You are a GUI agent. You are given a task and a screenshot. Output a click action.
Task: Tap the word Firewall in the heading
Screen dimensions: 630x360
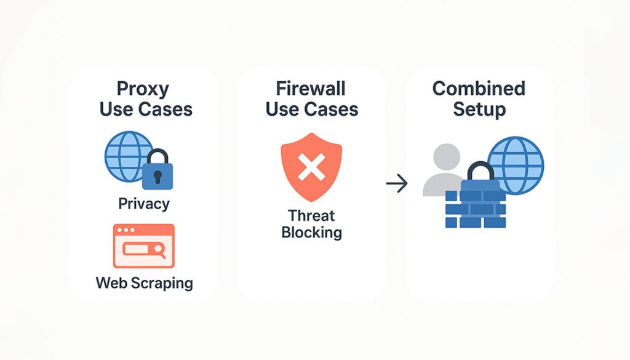pyautogui.click(x=310, y=89)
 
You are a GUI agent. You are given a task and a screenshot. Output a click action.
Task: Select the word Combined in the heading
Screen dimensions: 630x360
pyautogui.click(x=479, y=89)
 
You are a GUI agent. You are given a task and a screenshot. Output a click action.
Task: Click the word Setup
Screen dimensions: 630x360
pyautogui.click(x=479, y=110)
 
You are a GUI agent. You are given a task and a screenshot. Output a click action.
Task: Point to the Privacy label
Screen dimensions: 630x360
pyautogui.click(x=144, y=204)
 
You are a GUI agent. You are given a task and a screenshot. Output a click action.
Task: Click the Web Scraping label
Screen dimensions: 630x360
pyautogui.click(x=144, y=283)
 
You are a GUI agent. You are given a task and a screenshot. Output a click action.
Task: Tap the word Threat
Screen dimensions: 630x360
pyautogui.click(x=311, y=216)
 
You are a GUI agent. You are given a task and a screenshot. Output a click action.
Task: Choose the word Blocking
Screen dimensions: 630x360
pyautogui.click(x=311, y=233)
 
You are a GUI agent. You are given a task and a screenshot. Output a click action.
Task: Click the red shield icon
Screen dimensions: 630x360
pyautogui.click(x=311, y=167)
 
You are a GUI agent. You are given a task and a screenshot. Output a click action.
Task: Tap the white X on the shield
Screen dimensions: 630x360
pyautogui.click(x=311, y=167)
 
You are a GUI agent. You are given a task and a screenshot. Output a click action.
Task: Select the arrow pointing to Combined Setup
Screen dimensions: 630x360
pyautogui.click(x=397, y=183)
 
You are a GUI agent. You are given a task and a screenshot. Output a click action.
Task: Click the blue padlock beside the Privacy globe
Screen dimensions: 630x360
pyautogui.click(x=157, y=170)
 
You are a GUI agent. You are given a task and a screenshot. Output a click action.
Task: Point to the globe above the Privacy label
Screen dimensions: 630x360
pyautogui.click(x=128, y=156)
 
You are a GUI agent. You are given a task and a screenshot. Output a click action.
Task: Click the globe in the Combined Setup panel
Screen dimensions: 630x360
pyautogui.click(x=516, y=166)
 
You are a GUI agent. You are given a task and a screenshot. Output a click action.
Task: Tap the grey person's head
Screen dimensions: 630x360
pyautogui.click(x=447, y=157)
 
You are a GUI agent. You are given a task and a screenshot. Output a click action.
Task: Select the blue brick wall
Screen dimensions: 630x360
pyautogui.click(x=476, y=204)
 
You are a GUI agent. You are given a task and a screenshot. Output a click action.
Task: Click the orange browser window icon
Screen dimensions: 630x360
pyautogui.click(x=144, y=246)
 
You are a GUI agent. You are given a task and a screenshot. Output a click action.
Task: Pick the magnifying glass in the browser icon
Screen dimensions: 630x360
pyautogui.click(x=160, y=250)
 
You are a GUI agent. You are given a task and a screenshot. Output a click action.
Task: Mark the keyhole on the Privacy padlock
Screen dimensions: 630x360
pyautogui.click(x=157, y=177)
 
